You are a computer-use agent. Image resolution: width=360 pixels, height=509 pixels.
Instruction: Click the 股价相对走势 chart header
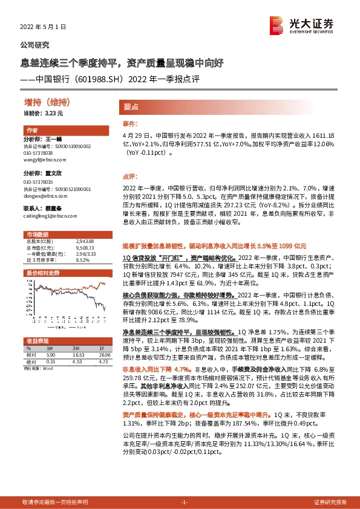(42, 273)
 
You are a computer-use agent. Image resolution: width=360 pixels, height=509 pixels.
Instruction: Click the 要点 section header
(131, 106)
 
